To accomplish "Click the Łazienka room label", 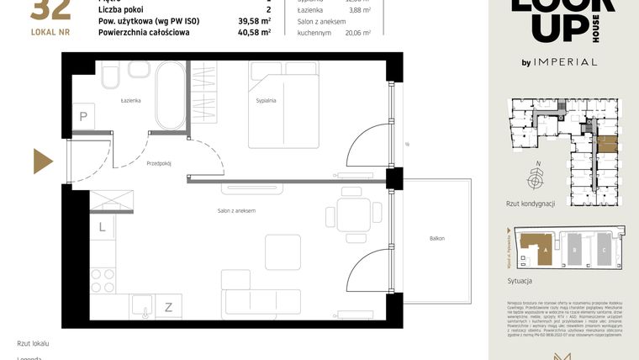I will [x=129, y=100].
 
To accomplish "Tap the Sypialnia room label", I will [x=267, y=100].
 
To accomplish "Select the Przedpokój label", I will [x=158, y=163].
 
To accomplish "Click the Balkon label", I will [x=436, y=239].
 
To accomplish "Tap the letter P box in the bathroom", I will [x=83, y=117].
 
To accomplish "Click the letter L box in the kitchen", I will [x=101, y=227].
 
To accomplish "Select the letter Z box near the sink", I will [x=168, y=307].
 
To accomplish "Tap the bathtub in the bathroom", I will [x=170, y=95].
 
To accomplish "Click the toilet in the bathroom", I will [x=110, y=78].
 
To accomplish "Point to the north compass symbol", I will [x=533, y=178].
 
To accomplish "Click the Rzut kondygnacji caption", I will [x=531, y=204].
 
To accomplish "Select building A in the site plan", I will [x=535, y=248].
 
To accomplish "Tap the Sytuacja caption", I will [x=520, y=282].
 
